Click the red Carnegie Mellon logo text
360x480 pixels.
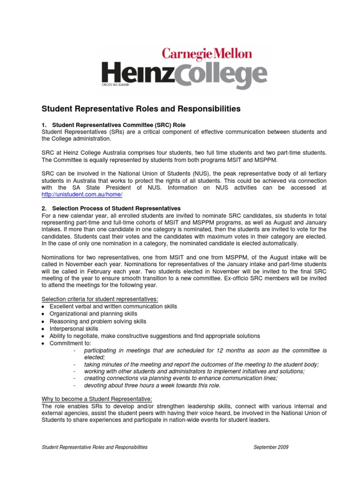click(207, 53)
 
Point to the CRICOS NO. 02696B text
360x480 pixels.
click(115, 85)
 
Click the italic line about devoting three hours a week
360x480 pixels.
click(152, 386)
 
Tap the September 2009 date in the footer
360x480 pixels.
click(271, 447)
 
